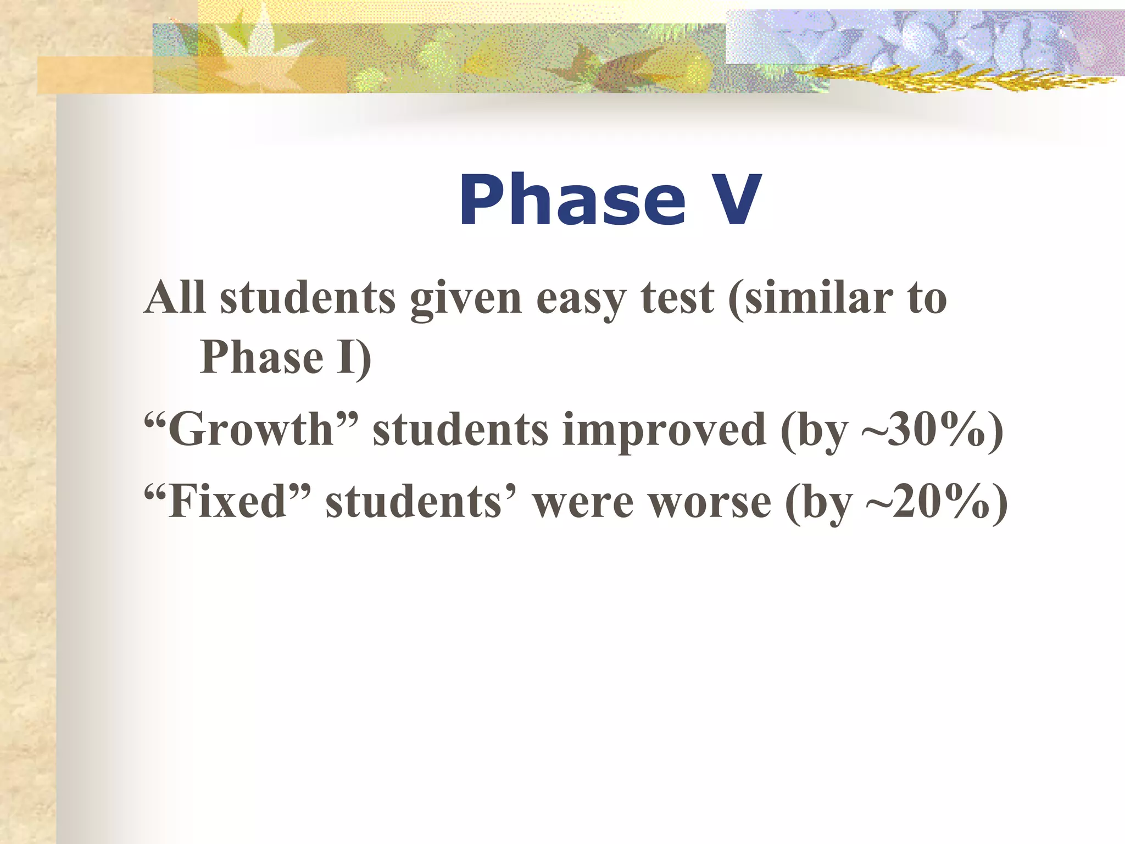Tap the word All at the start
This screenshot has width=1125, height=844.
pyautogui.click(x=175, y=298)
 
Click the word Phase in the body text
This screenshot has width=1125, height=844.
pyautogui.click(x=261, y=357)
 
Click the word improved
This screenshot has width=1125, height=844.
pyautogui.click(x=665, y=430)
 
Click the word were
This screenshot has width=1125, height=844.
pyautogui.click(x=583, y=502)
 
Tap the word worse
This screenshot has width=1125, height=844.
pyautogui.click(x=710, y=502)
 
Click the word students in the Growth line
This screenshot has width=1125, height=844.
pyautogui.click(x=460, y=430)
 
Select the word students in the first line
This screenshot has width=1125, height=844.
pyautogui.click(x=308, y=298)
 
